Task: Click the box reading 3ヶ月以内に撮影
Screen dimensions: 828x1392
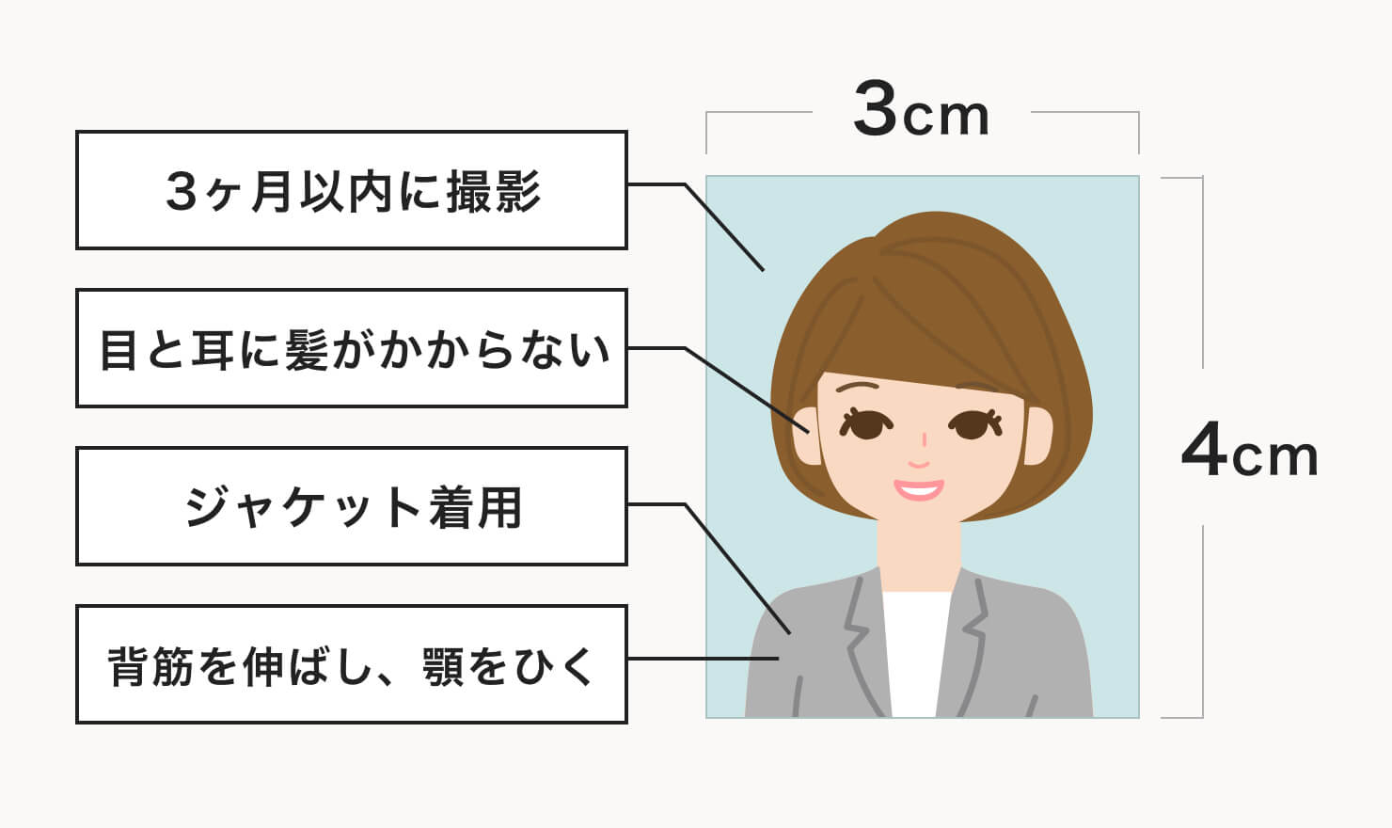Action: tap(351, 190)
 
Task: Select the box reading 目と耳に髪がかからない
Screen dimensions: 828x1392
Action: tap(351, 348)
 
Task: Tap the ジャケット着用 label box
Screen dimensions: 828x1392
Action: tap(351, 506)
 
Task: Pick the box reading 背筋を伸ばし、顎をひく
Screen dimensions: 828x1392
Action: tap(351, 664)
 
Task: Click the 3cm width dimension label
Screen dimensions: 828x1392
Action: tap(921, 111)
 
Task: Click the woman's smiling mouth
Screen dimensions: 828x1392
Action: tap(918, 488)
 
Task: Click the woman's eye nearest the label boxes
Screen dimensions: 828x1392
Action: tap(866, 424)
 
